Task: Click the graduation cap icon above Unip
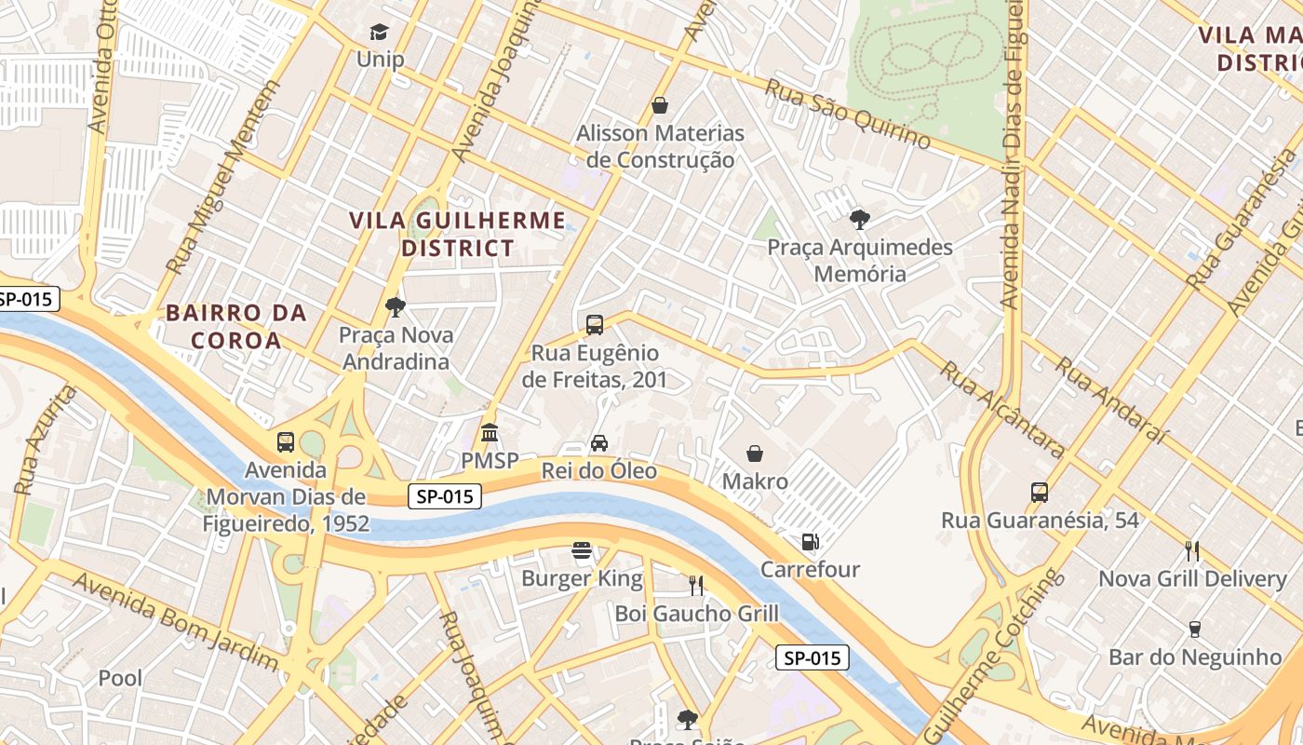pyautogui.click(x=379, y=34)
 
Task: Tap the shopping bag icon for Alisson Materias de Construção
pyautogui.click(x=660, y=105)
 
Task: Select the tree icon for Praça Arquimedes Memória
pyautogui.click(x=859, y=220)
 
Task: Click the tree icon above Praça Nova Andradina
pyautogui.click(x=395, y=306)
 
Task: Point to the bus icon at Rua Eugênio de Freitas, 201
pyautogui.click(x=595, y=325)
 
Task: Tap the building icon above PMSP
pyautogui.click(x=490, y=433)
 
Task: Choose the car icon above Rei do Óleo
pyautogui.click(x=599, y=443)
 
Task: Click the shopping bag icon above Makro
pyautogui.click(x=755, y=454)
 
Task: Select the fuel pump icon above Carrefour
pyautogui.click(x=810, y=541)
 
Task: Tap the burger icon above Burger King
pyautogui.click(x=582, y=551)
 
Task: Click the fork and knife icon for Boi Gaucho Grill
pyautogui.click(x=696, y=585)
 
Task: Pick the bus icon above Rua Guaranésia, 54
pyautogui.click(x=1040, y=493)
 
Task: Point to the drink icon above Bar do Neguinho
pyautogui.click(x=1195, y=630)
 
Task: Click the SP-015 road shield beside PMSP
pyautogui.click(x=445, y=497)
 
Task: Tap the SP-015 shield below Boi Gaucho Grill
pyautogui.click(x=812, y=658)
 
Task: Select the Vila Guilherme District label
pyautogui.click(x=457, y=234)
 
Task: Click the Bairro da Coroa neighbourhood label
pyautogui.click(x=236, y=326)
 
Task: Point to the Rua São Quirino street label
pyautogui.click(x=847, y=115)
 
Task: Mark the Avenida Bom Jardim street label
pyautogui.click(x=175, y=622)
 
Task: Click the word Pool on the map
pyautogui.click(x=121, y=678)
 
